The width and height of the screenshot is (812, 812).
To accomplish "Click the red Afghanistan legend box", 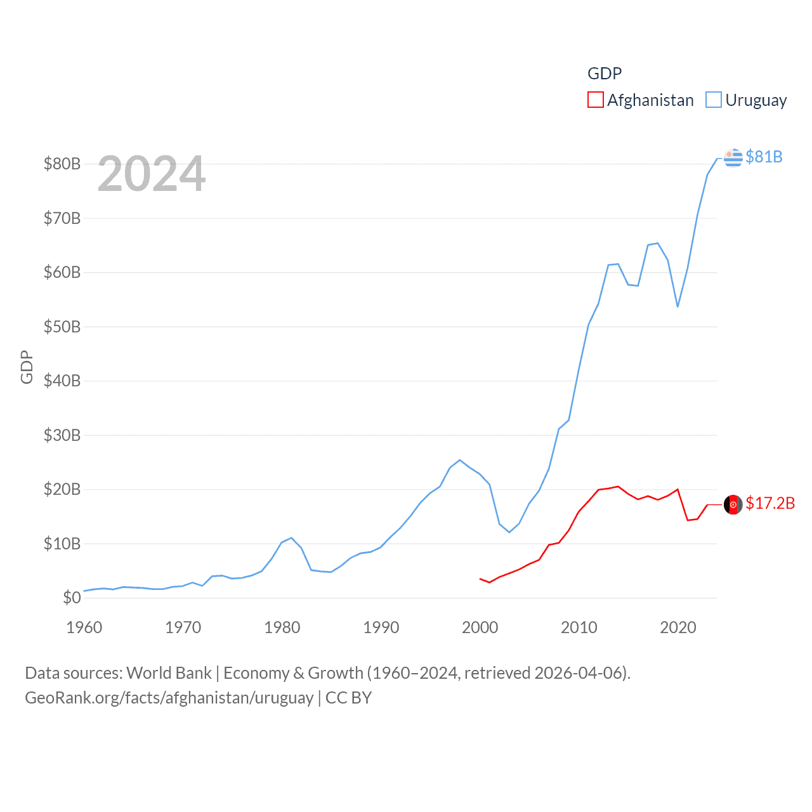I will click(x=595, y=100).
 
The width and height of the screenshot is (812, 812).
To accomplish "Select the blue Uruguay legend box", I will click(x=714, y=100).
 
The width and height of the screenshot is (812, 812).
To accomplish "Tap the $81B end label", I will click(x=764, y=157).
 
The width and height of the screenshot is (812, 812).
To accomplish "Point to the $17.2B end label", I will click(x=770, y=503).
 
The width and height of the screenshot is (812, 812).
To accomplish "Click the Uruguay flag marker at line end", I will click(x=733, y=157).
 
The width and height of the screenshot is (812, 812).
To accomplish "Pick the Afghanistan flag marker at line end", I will click(x=733, y=504).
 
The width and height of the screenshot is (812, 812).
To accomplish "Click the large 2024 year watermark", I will click(x=152, y=174).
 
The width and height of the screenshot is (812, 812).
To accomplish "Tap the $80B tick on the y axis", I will click(x=62, y=164).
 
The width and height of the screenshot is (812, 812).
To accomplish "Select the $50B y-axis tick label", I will click(x=62, y=327).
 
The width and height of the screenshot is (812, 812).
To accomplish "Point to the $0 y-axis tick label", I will click(x=72, y=598).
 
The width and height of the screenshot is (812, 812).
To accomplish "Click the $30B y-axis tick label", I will click(x=62, y=435).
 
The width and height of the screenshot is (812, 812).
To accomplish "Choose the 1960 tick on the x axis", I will click(x=84, y=627).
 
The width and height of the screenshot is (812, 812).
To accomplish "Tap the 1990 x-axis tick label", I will click(x=381, y=627).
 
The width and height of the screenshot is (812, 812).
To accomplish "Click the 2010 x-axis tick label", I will click(x=579, y=627).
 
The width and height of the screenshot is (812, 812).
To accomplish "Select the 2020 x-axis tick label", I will click(x=678, y=627).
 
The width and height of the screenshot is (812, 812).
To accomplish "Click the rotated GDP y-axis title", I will click(x=27, y=367).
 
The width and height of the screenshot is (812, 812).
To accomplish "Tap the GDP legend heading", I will click(x=605, y=74).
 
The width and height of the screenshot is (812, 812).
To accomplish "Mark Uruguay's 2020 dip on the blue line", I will click(x=678, y=306).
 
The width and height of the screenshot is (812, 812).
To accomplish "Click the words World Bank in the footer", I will click(x=169, y=672).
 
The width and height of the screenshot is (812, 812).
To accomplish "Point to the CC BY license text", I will click(x=348, y=698).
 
